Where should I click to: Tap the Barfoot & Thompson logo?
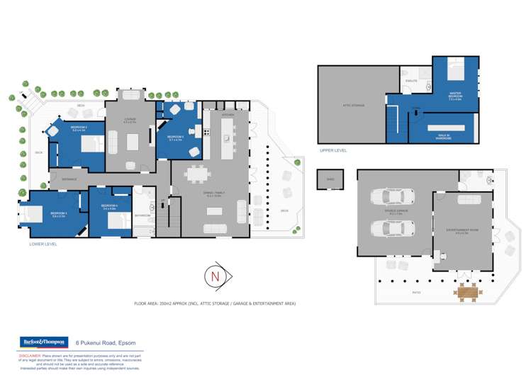pos(44,342)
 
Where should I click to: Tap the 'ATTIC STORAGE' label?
pos(352,106)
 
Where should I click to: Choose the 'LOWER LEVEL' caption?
pos(42,244)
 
